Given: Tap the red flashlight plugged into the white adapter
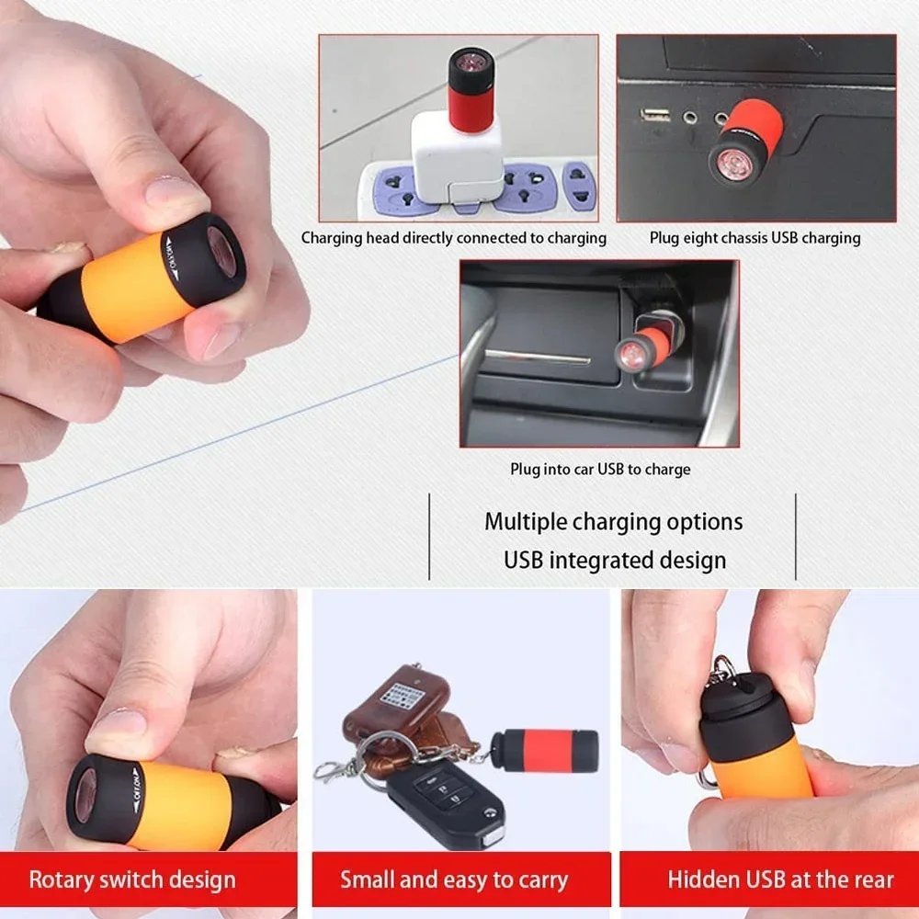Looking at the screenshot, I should coord(471,92).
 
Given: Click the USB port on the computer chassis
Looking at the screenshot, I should coord(655,115).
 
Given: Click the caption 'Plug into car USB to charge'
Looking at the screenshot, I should coord(600,470).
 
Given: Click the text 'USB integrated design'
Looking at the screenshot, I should coord(615,560).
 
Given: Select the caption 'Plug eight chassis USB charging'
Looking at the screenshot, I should coord(754,238).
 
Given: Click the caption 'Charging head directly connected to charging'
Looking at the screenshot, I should coord(454,238).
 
